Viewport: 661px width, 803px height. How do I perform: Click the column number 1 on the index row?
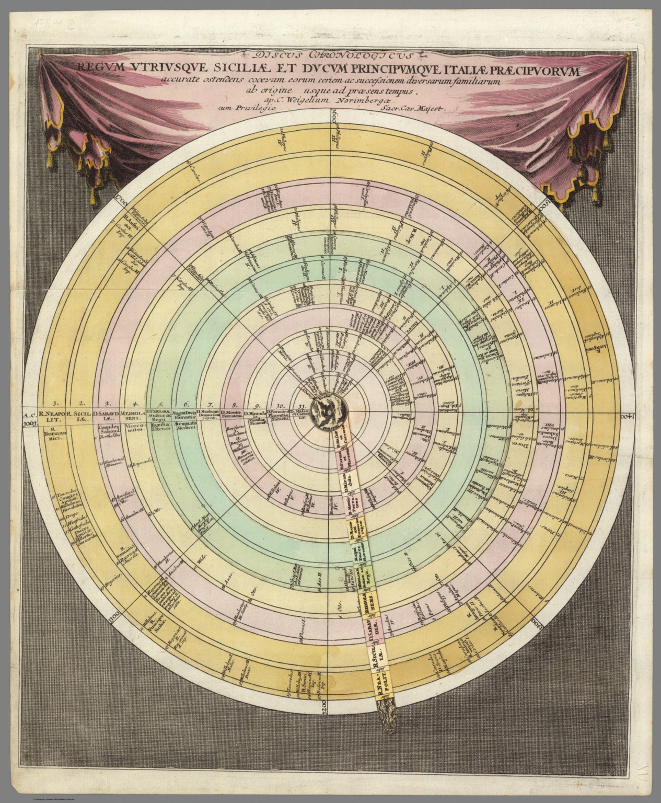[54, 403]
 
